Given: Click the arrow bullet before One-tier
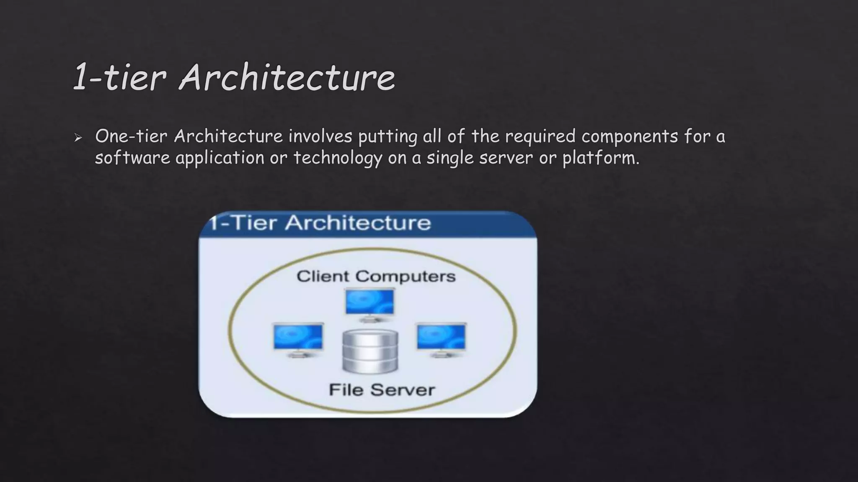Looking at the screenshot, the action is click(78, 138).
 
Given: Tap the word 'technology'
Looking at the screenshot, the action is click(338, 158).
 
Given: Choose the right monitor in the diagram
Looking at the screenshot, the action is click(441, 338).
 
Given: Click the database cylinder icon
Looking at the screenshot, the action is click(370, 351).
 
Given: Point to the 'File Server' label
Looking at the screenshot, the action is click(382, 390).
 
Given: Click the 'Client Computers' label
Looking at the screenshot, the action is click(376, 276).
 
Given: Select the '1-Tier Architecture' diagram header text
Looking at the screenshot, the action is click(320, 223).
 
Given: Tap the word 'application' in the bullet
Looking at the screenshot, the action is click(220, 158).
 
